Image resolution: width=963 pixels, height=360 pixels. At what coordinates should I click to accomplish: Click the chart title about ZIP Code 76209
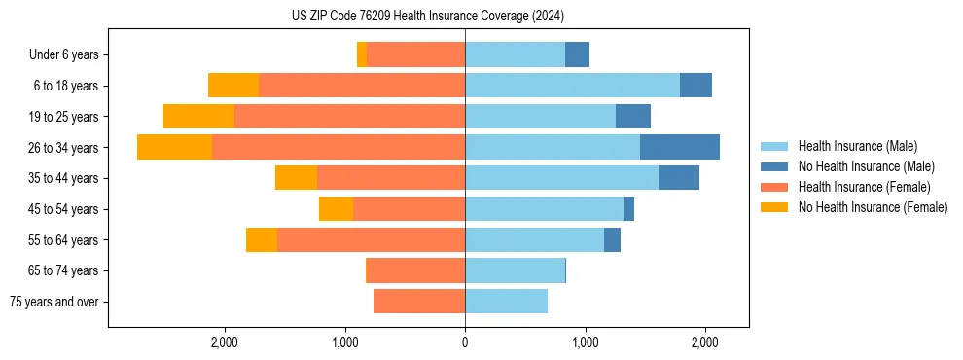428,16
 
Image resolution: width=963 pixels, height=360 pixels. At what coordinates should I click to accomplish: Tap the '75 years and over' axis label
54,302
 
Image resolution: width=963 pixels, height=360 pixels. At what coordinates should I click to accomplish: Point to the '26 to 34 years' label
64,148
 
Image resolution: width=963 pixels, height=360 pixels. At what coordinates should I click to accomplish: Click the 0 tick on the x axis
465,342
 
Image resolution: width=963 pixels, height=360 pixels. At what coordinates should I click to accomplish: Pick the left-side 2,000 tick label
225,342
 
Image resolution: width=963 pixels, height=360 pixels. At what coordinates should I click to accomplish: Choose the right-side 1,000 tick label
585,342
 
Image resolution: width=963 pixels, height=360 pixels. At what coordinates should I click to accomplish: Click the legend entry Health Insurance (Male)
857,146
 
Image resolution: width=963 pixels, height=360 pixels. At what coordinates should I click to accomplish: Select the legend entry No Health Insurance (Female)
873,207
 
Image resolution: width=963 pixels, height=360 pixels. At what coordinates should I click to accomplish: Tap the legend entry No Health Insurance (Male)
866,166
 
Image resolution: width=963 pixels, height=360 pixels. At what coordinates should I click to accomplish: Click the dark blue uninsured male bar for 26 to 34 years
679,147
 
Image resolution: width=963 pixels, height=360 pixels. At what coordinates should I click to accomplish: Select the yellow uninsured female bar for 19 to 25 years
198,116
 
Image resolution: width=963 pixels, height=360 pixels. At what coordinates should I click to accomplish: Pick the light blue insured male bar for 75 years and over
506,302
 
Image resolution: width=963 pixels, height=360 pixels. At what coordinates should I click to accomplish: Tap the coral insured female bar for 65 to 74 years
415,270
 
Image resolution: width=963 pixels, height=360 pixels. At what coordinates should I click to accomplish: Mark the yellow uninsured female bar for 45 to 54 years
336,208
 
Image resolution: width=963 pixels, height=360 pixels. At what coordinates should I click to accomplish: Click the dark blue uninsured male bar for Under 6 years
577,54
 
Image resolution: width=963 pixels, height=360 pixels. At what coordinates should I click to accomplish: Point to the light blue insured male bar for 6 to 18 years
572,86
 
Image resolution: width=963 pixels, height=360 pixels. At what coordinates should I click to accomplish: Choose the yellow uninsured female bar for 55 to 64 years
262,239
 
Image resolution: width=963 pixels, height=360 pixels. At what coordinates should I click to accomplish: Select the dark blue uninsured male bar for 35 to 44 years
678,178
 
